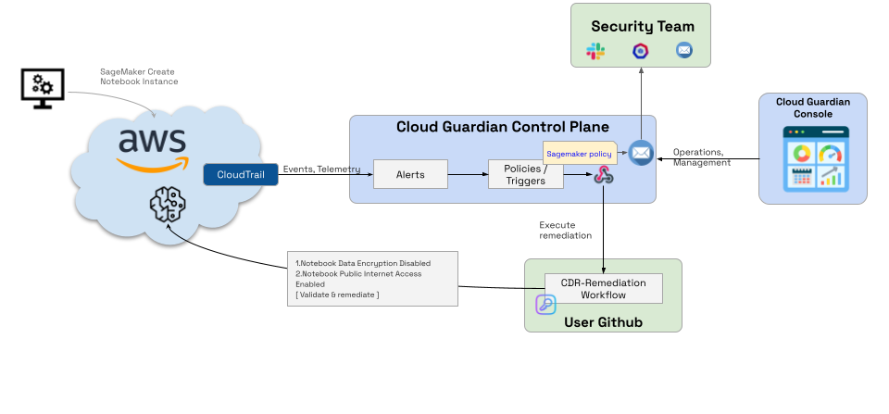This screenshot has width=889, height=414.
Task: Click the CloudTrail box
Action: (240, 174)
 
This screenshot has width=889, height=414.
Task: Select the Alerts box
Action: (410, 174)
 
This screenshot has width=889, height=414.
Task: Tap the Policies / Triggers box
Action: (526, 174)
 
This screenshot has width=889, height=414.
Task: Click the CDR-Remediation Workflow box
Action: (604, 288)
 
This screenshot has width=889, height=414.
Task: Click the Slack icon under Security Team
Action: (595, 52)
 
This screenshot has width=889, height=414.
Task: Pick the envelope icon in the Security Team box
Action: (684, 52)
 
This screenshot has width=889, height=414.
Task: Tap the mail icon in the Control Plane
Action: (641, 153)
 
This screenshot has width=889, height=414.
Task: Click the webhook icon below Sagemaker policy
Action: (605, 175)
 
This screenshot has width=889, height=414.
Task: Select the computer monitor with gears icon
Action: (42, 87)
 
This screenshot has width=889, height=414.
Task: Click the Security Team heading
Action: (642, 26)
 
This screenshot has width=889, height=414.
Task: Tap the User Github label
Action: (603, 322)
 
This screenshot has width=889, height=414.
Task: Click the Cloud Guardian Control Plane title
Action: (503, 127)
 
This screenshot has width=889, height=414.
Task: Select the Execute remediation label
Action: (565, 230)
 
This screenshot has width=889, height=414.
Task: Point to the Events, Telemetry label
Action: (321, 169)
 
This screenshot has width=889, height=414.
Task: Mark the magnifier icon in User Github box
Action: (545, 305)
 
